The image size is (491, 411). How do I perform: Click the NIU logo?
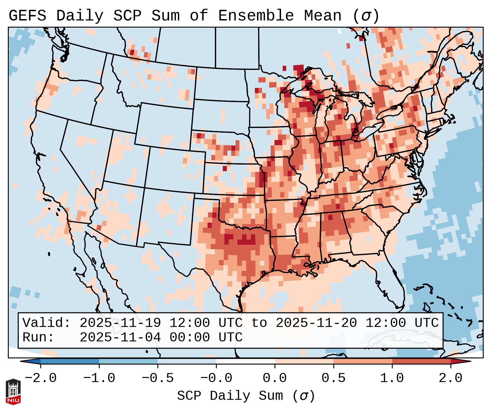point(13,391)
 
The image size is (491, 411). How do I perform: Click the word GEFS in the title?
point(27,16)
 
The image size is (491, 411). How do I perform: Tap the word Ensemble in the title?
point(256,16)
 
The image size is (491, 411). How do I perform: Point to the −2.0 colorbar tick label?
point(41,378)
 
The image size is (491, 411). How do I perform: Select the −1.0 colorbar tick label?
point(99,378)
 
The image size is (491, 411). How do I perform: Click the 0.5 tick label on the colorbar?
point(333,378)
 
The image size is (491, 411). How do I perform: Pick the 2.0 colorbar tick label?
point(450,378)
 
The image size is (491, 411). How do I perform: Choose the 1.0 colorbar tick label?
point(392,378)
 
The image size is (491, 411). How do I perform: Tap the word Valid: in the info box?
point(47,323)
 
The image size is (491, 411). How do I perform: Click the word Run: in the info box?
point(38,337)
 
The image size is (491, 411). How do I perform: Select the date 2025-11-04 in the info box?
point(120,337)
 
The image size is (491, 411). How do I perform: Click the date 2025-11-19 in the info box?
point(120,323)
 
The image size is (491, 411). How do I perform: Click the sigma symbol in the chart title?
point(366,16)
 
